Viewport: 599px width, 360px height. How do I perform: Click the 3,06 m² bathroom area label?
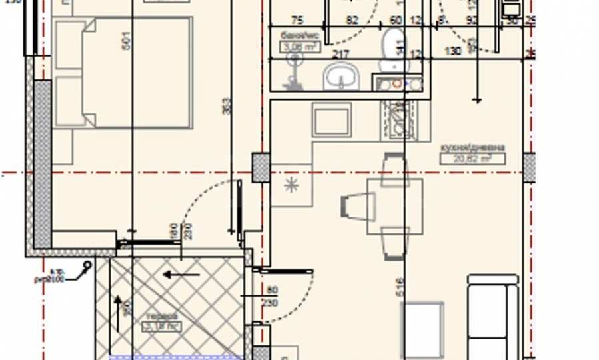point(300,47)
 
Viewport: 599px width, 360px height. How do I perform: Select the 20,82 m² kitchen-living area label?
point(472,159)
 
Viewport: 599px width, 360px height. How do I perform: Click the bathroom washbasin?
point(342,77)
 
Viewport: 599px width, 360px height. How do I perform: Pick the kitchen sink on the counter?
point(332,121)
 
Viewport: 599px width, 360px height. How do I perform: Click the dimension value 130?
point(453,51)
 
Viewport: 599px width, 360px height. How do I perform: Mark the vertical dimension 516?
point(399,287)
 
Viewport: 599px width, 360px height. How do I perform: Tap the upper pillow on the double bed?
point(69,45)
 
